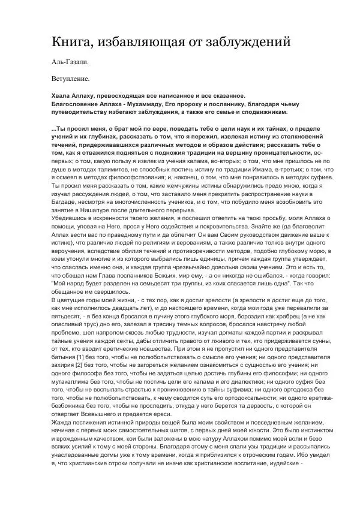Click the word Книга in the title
[x=70, y=42]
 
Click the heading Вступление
[x=70, y=78]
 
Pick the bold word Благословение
[x=78, y=104]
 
